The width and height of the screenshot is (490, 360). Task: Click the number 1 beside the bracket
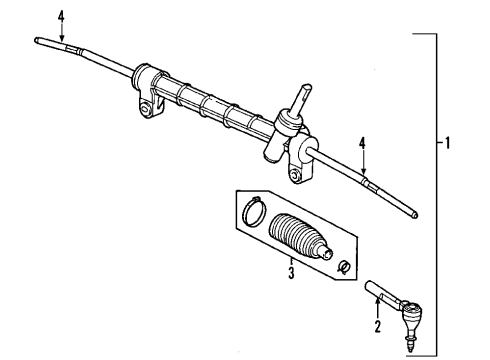click(x=450, y=143)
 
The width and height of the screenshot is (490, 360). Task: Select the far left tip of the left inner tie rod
click(x=37, y=40)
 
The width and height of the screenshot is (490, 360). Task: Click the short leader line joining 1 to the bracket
click(x=438, y=143)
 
